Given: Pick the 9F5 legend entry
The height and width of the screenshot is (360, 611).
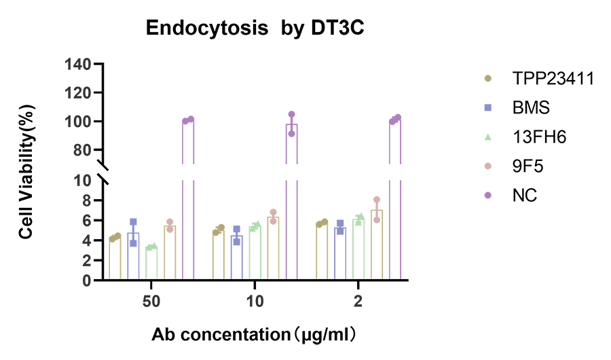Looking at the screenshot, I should click(527, 166).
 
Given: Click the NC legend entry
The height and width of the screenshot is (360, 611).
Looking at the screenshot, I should click(525, 196).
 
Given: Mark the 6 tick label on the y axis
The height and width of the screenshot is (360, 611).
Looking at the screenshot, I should click(87, 220).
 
